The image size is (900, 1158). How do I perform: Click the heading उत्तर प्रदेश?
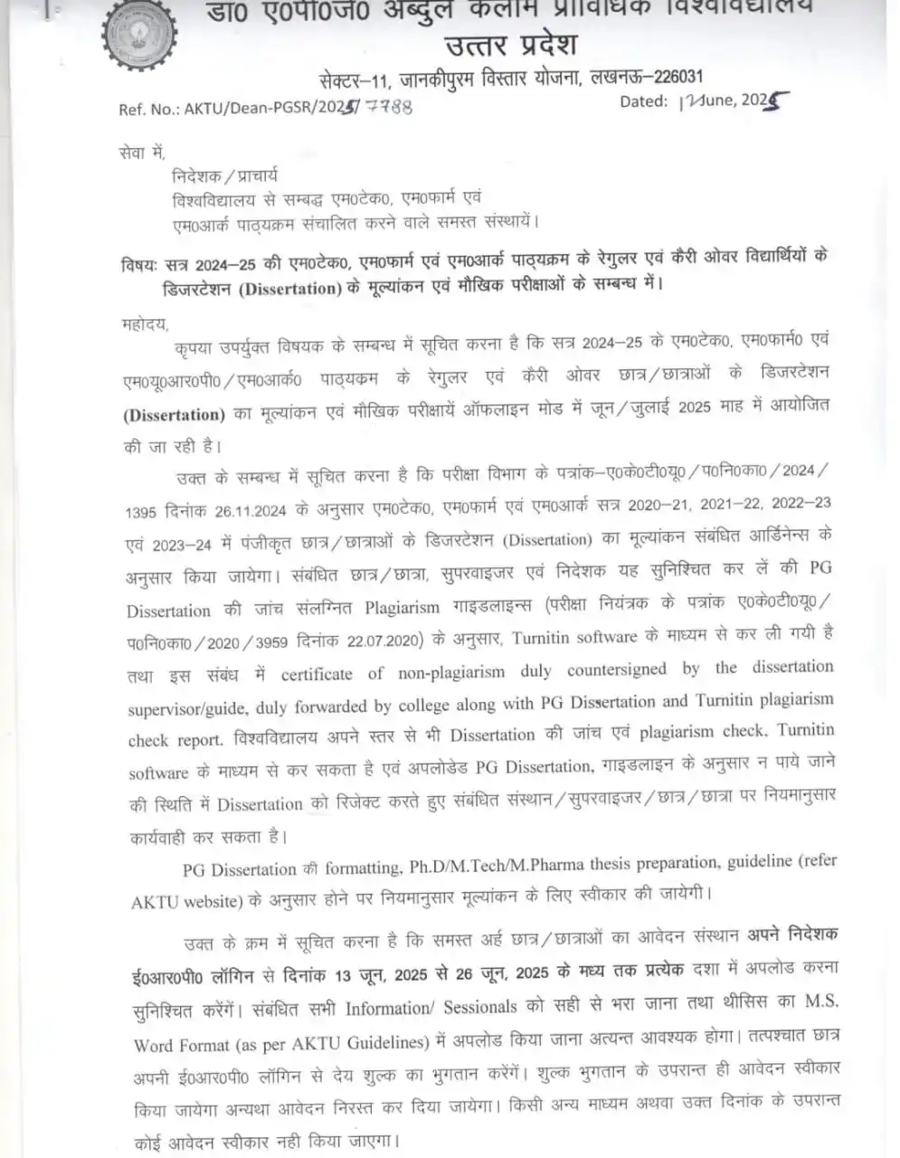[511, 43]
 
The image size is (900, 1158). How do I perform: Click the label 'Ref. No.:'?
[149, 109]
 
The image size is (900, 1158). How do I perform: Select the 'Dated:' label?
[643, 102]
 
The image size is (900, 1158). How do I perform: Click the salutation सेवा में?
[142, 153]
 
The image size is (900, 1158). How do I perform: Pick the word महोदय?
[144, 324]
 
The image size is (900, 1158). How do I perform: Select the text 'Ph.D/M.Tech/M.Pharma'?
[533, 865]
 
